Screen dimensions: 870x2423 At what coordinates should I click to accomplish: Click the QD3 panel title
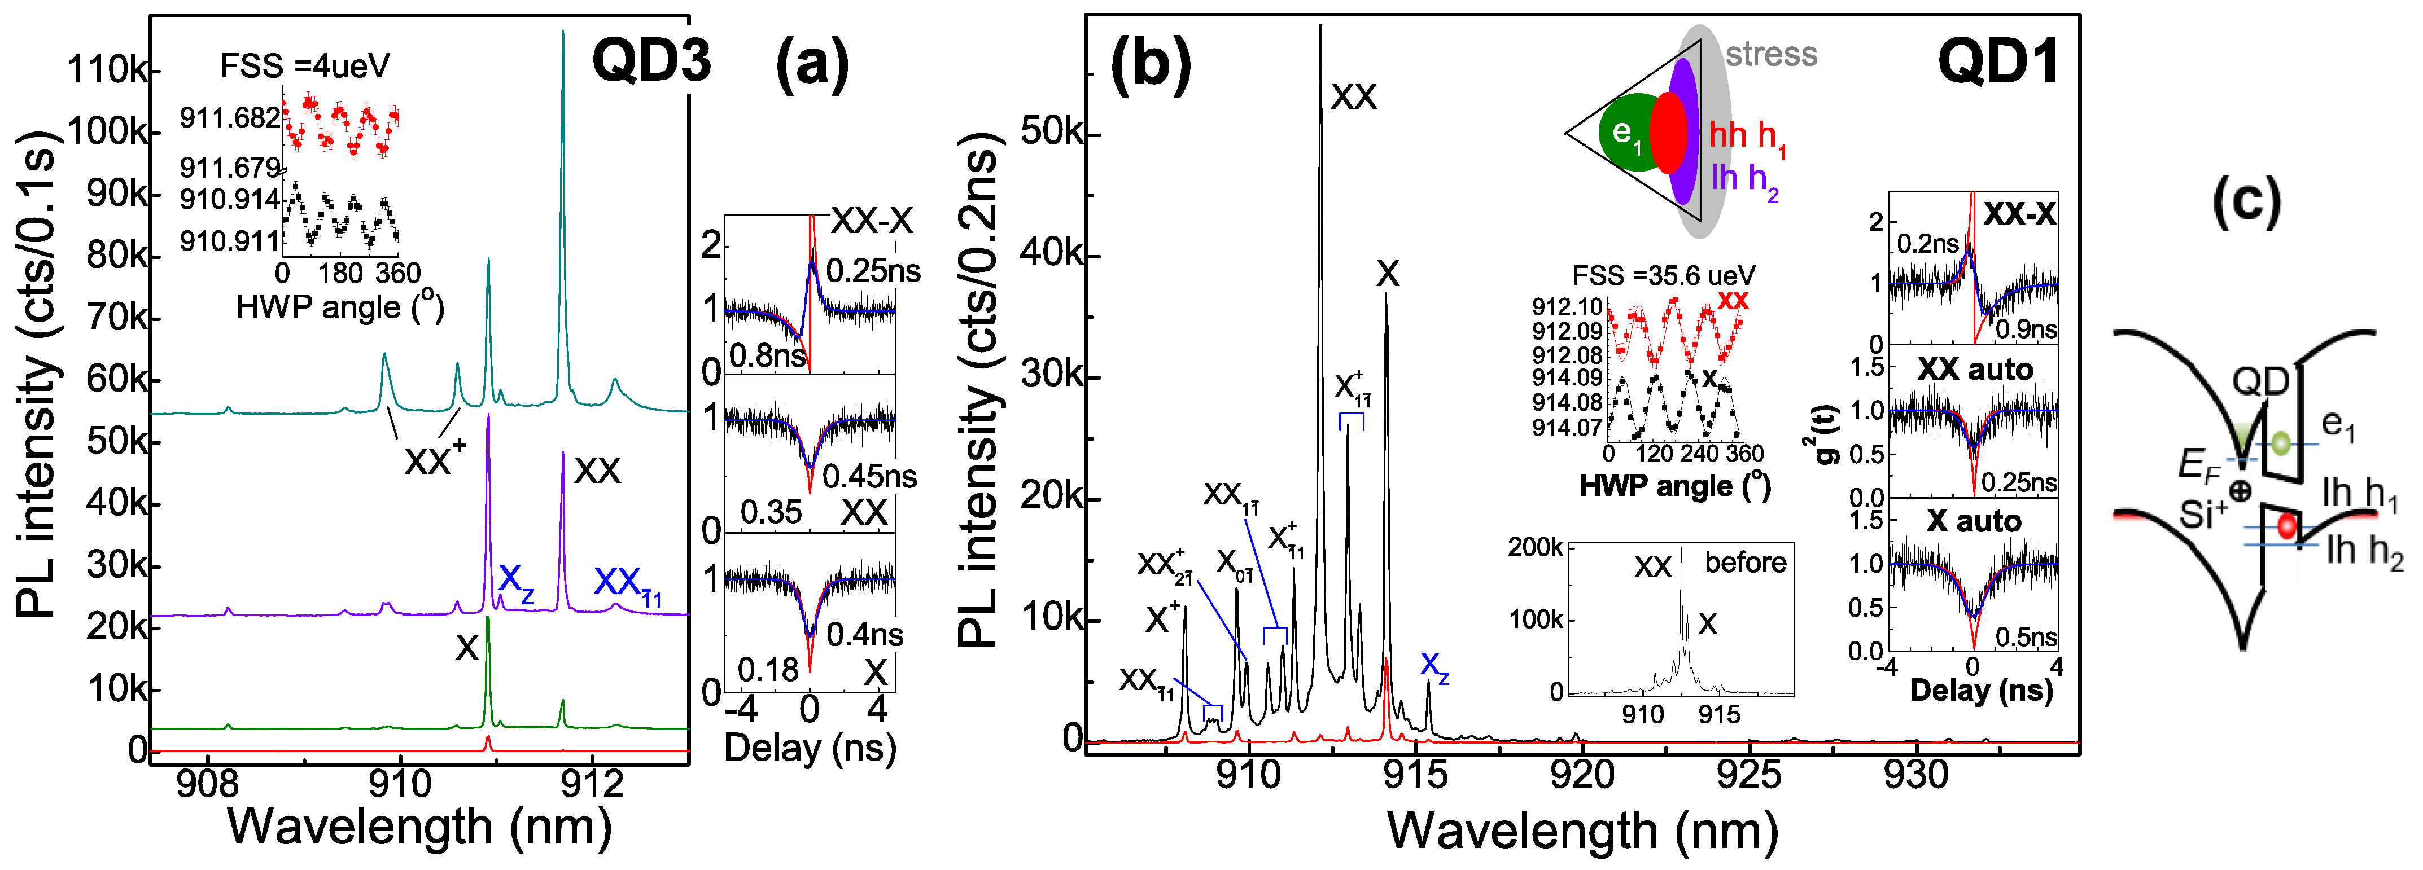[651, 62]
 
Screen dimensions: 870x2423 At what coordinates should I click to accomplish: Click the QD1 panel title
[1997, 62]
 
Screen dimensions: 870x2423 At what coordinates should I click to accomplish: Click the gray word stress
[1771, 55]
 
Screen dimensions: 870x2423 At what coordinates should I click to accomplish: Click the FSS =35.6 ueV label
[1663, 275]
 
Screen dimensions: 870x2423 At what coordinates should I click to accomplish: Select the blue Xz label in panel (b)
[1434, 666]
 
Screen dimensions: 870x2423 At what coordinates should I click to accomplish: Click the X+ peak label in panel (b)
[1162, 618]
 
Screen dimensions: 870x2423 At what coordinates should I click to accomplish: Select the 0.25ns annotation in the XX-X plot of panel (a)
[873, 271]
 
